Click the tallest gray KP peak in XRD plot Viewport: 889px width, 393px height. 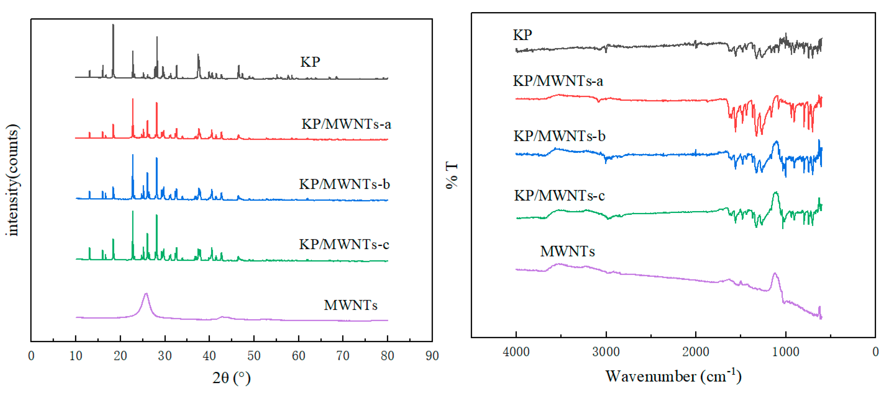pyautogui.click(x=113, y=26)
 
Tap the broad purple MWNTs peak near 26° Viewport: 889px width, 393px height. pyautogui.click(x=146, y=294)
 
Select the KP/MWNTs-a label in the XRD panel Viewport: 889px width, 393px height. pyautogui.click(x=346, y=124)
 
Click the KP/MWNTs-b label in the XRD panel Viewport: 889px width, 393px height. pyautogui.click(x=344, y=184)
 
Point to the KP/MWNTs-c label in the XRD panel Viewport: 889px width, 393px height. pyautogui.click(x=344, y=245)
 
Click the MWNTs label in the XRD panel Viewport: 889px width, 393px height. pyautogui.click(x=350, y=305)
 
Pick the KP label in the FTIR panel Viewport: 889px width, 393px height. pyautogui.click(x=522, y=35)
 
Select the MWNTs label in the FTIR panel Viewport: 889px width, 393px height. pyautogui.click(x=568, y=251)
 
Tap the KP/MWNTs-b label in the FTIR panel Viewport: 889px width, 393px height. pyautogui.click(x=559, y=136)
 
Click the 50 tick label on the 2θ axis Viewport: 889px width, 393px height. pyautogui.click(x=254, y=356)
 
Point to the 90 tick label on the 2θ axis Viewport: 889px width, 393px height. pyautogui.click(x=432, y=356)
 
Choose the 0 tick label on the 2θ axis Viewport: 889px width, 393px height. pyautogui.click(x=31, y=356)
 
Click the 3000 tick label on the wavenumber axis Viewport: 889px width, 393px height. pyautogui.click(x=606, y=352)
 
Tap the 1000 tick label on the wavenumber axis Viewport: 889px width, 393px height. pyautogui.click(x=786, y=352)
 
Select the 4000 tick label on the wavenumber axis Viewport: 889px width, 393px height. pyautogui.click(x=516, y=352)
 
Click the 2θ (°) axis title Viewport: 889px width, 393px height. pyautogui.click(x=231, y=378)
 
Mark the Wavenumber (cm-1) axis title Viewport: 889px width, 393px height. pyautogui.click(x=673, y=376)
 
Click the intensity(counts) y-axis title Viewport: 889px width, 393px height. pyautogui.click(x=12, y=180)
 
